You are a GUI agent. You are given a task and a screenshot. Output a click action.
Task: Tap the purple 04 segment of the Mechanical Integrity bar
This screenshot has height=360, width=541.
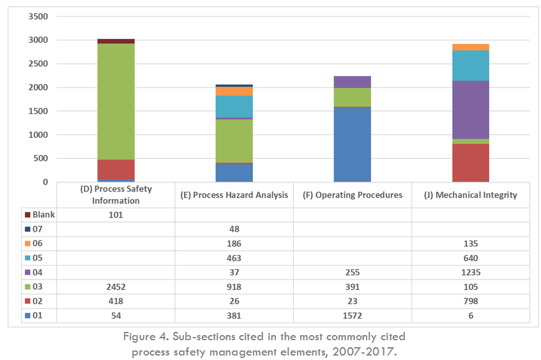(x=470, y=109)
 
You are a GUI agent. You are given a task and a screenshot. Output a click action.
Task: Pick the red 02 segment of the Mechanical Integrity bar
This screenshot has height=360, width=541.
(x=470, y=163)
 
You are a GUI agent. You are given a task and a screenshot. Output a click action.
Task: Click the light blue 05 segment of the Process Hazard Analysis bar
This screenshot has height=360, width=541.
(x=234, y=106)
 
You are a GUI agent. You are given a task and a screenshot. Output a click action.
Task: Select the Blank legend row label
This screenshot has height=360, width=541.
(x=40, y=215)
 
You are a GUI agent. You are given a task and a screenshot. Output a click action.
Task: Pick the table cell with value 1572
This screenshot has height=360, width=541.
(x=352, y=315)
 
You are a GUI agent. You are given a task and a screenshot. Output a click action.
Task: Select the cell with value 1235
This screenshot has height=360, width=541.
(x=470, y=273)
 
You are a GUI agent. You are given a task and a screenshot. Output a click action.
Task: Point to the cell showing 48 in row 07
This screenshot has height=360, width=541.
(x=234, y=229)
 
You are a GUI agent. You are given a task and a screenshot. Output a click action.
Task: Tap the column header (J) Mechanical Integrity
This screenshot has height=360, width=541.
(x=470, y=195)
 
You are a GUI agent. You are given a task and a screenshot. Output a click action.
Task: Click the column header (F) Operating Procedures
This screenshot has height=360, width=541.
(x=352, y=195)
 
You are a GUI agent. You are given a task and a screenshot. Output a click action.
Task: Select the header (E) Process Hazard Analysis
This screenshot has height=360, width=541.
(x=234, y=195)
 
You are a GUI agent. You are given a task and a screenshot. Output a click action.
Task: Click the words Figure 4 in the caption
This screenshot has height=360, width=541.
(x=146, y=336)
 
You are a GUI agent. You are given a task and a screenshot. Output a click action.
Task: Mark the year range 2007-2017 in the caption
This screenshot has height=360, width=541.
(x=362, y=351)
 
